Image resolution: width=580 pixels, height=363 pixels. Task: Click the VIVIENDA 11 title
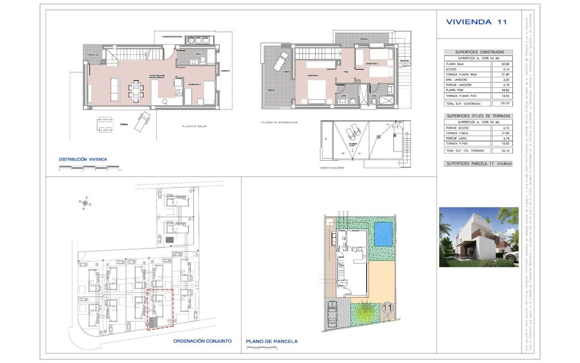coord(476,22)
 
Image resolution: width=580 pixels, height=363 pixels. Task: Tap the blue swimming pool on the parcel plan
coord(383,233)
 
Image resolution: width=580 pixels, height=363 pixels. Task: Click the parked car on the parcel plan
coord(332,314)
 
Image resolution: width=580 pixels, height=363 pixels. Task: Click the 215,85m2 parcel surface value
coord(504,163)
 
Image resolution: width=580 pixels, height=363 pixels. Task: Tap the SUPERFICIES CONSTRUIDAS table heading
coord(477,52)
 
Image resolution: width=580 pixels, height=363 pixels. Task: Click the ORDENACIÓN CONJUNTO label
coord(202,341)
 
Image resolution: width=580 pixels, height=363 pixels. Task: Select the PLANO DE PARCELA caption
coord(272,341)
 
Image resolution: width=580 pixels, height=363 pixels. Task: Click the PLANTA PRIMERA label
coord(279,123)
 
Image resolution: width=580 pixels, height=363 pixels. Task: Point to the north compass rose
coord(85,203)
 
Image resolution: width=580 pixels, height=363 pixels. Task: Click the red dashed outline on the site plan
coord(160,309)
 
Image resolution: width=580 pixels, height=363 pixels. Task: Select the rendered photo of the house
coord(478,237)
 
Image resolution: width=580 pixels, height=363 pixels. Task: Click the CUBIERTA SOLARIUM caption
coord(332,167)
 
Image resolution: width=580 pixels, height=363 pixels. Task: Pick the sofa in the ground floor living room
coord(115,89)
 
